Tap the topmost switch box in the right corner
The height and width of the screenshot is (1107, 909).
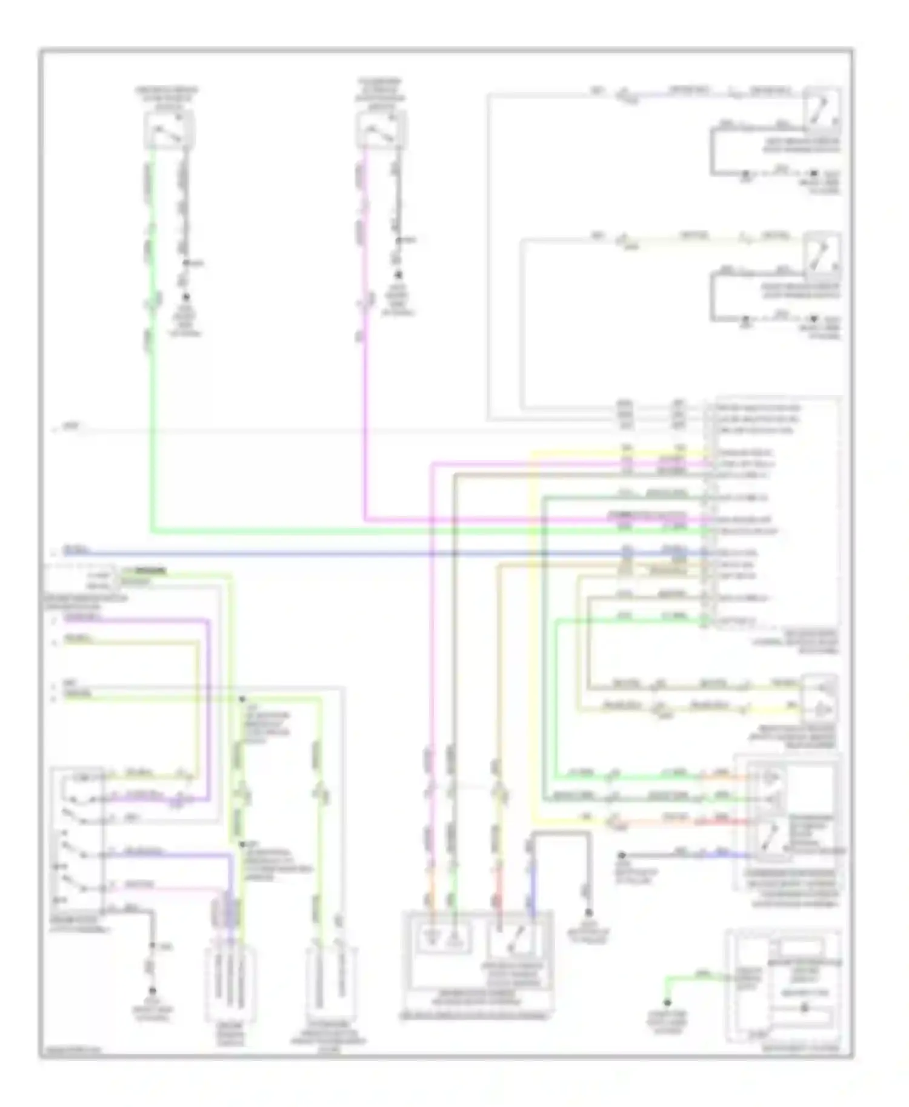tap(821, 109)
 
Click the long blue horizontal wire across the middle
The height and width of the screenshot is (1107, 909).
tap(364, 553)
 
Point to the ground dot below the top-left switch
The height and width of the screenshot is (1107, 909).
tap(185, 297)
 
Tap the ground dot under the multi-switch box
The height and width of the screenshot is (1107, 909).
tap(152, 991)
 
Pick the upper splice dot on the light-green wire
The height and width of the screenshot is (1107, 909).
tap(242, 699)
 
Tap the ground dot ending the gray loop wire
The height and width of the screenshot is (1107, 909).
tap(588, 912)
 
